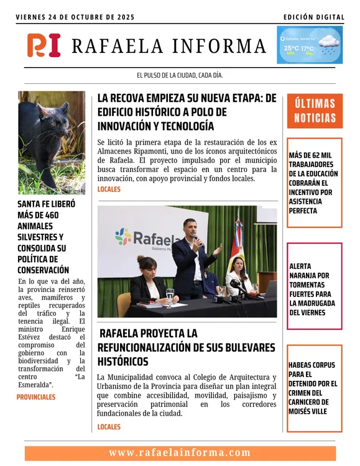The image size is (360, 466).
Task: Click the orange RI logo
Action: click(44, 45)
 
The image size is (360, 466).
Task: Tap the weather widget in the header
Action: click(309, 45)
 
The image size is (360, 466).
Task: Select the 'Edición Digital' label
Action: click(313, 17)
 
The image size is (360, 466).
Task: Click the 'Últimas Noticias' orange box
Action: click(315, 111)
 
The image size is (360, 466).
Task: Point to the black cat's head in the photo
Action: click(46, 115)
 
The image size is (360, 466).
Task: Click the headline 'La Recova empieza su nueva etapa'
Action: click(187, 112)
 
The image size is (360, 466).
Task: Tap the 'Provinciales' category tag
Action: click(36, 397)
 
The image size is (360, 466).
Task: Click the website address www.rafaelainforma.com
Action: click(180, 453)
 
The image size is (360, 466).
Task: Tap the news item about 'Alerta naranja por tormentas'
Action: click(313, 289)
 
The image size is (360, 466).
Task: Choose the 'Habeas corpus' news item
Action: click(313, 388)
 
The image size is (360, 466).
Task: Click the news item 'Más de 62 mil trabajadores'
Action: click(313, 183)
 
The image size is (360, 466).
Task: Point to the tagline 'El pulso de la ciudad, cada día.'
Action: click(180, 75)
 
